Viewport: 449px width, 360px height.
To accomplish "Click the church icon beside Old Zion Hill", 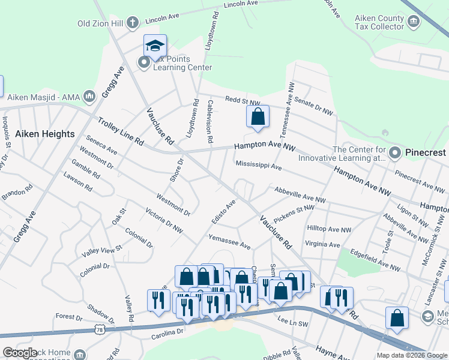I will pyautogui.click(x=133, y=23).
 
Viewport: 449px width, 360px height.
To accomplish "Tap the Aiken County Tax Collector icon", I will pyautogui.click(x=413, y=22).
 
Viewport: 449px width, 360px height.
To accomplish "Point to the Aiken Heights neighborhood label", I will pyautogui.click(x=45, y=134).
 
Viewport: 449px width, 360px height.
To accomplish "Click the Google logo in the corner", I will pyautogui.click(x=20, y=353).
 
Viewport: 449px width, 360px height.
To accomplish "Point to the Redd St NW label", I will pyautogui.click(x=243, y=101).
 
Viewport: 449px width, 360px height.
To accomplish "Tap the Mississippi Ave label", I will pyautogui.click(x=259, y=165).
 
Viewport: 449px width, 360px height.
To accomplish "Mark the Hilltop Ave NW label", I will pyautogui.click(x=329, y=229).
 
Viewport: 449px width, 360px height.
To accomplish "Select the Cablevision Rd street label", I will pyautogui.click(x=209, y=121).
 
